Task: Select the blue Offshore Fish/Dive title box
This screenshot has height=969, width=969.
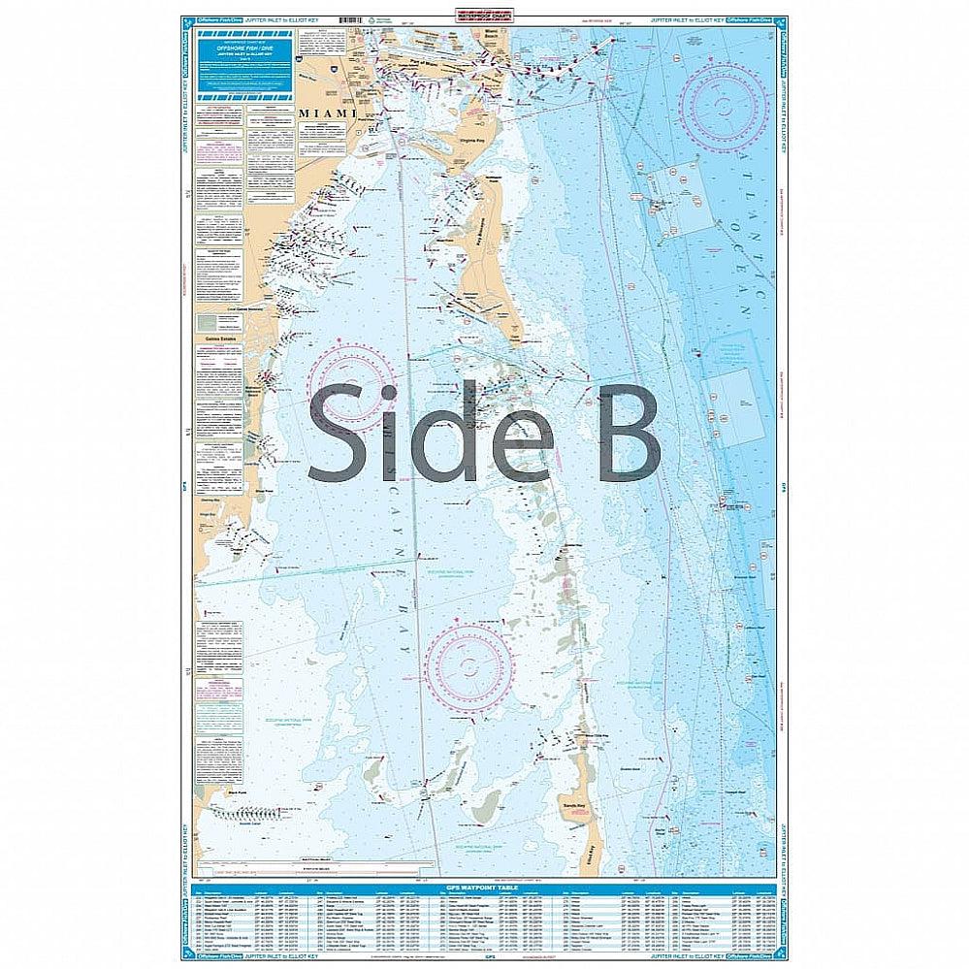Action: point(244,64)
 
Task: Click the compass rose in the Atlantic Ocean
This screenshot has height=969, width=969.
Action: point(723,106)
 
